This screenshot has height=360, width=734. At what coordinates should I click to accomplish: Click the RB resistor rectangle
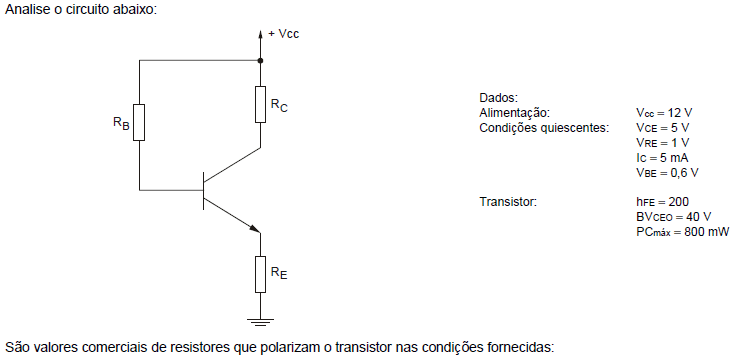[x=139, y=122]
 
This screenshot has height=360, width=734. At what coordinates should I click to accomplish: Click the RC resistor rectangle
[x=260, y=104]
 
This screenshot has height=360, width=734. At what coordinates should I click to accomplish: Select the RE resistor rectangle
[x=260, y=274]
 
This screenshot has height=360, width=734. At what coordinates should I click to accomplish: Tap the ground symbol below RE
[x=260, y=322]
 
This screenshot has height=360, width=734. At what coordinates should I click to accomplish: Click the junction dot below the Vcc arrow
[x=260, y=60]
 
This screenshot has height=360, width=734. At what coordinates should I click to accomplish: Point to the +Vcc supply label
[x=283, y=34]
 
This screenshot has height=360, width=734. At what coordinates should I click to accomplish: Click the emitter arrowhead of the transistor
[x=254, y=228]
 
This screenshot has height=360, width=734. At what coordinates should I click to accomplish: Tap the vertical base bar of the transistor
[x=204, y=191]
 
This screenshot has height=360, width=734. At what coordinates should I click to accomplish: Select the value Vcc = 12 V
[x=664, y=113]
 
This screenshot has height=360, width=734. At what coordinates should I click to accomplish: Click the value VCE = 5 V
[x=662, y=127]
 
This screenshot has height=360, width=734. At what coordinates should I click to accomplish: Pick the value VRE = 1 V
[x=662, y=142]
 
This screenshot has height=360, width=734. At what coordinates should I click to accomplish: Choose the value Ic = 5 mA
[x=662, y=157]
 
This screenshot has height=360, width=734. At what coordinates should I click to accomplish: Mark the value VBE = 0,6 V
[x=667, y=172]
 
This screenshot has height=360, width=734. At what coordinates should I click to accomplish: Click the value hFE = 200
[x=662, y=202]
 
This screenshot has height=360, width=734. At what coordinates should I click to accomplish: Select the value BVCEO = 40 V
[x=673, y=217]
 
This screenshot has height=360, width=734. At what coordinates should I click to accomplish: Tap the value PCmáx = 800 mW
[x=683, y=232]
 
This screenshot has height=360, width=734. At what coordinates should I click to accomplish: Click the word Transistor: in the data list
[x=507, y=202]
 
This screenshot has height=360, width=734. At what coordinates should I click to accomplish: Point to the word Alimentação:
[x=514, y=113]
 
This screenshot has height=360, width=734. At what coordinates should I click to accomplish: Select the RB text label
[x=121, y=123]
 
